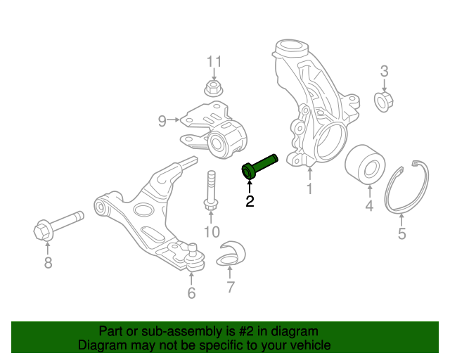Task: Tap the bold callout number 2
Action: tap(250, 202)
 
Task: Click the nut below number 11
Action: tap(214, 89)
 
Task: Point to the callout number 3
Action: tap(384, 70)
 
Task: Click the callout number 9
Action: tap(162, 121)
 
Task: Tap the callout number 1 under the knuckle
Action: tap(308, 188)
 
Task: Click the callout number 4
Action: tap(368, 206)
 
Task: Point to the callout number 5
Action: tap(401, 234)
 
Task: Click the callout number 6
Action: tap(191, 292)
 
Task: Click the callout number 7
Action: tap(230, 287)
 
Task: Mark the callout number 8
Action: tap(48, 263)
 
